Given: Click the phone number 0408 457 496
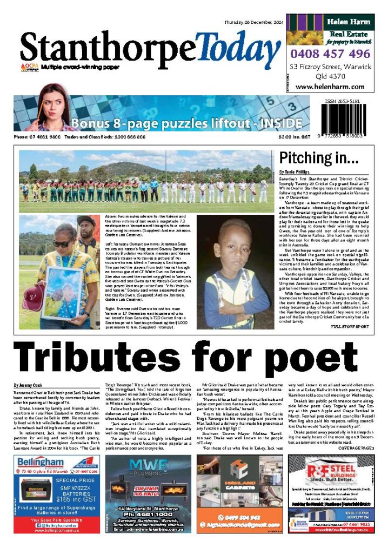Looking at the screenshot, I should click(330, 54).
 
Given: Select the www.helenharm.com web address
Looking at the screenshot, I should click(329, 87).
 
